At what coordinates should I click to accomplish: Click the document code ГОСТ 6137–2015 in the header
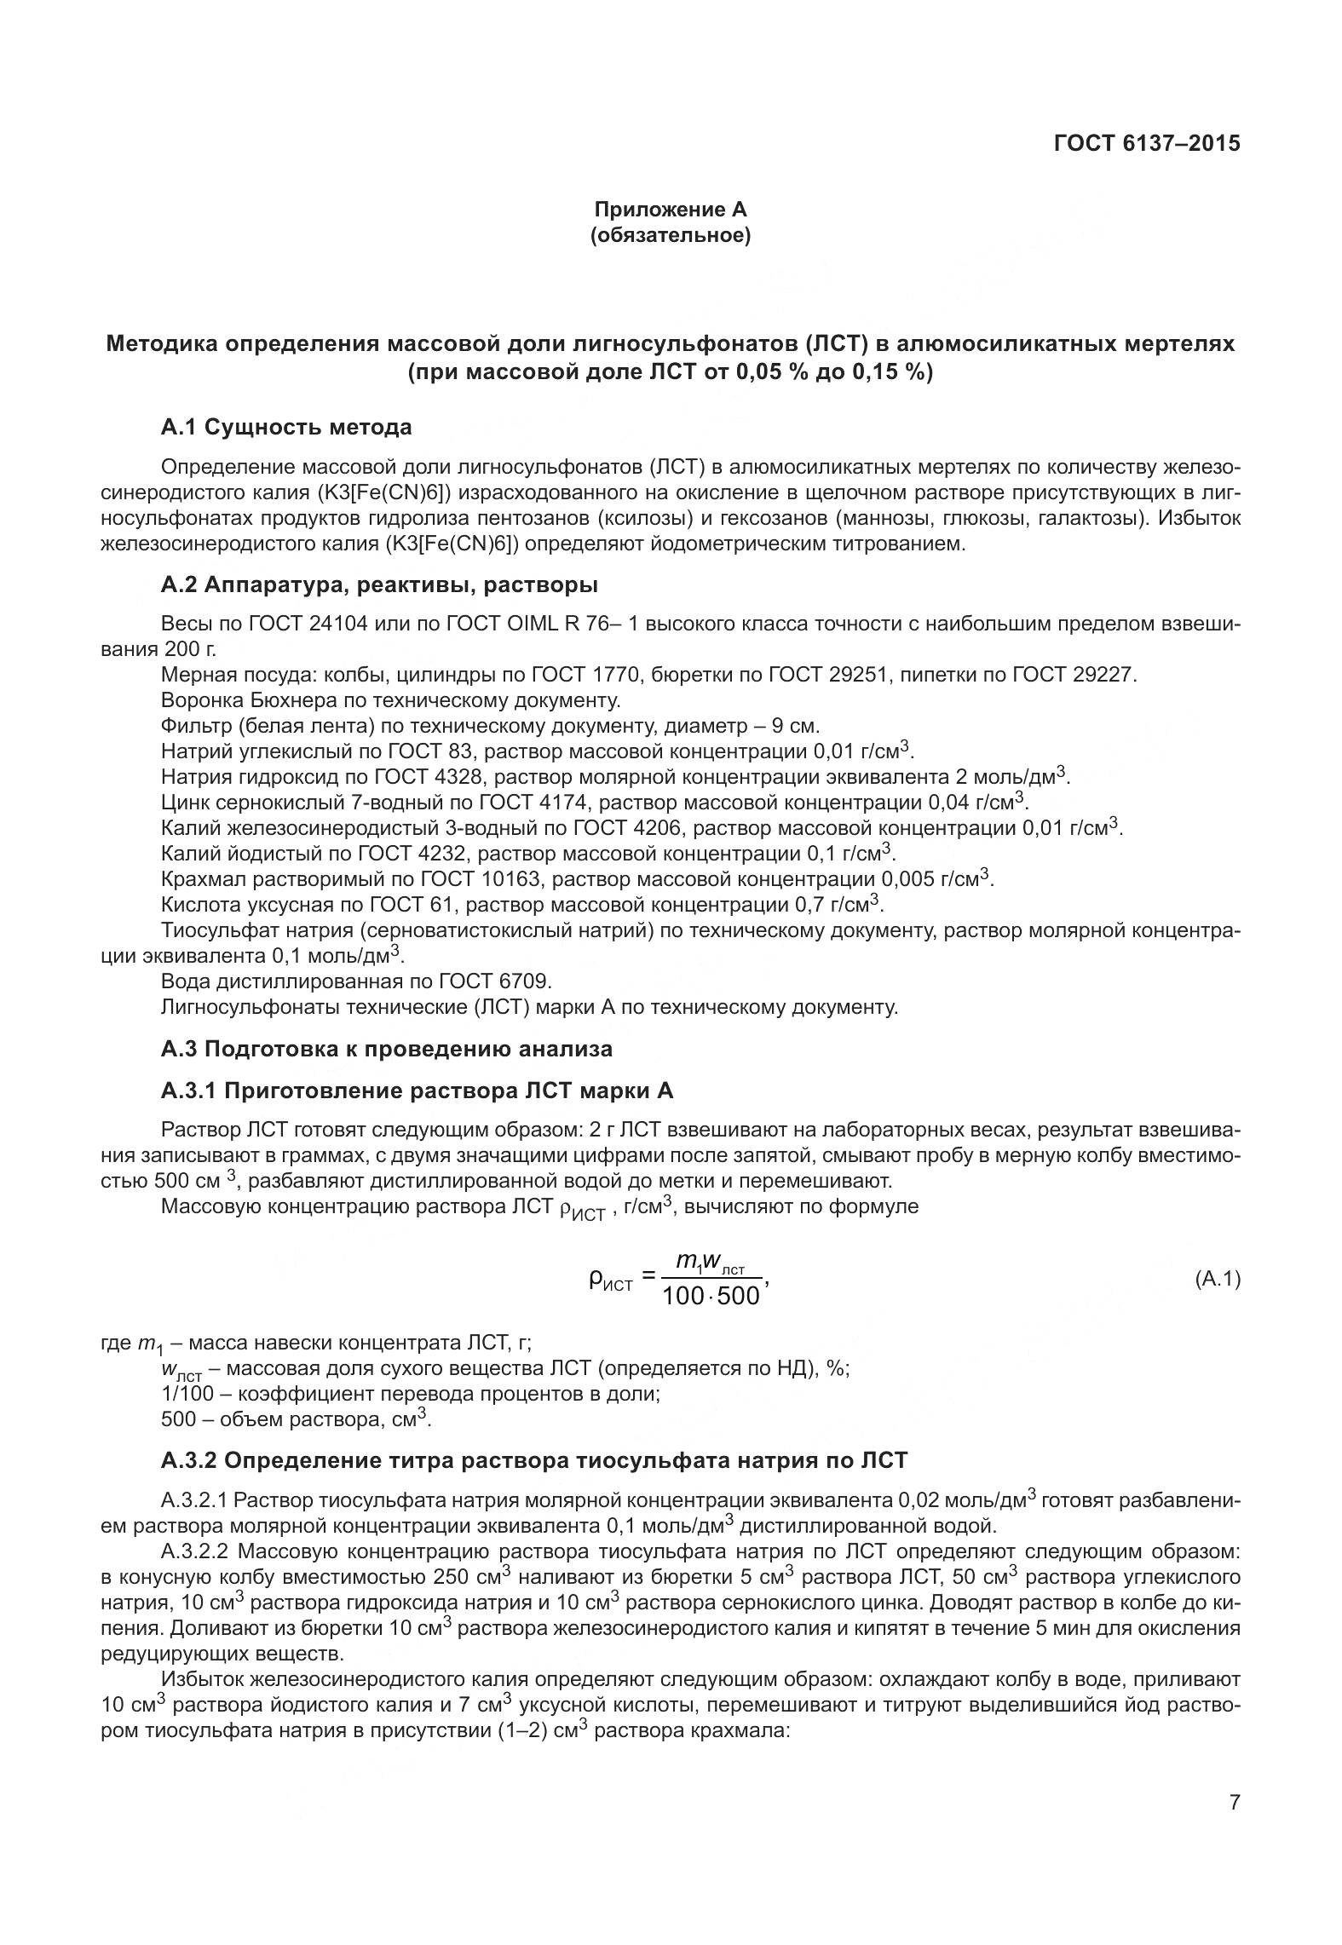tap(1146, 143)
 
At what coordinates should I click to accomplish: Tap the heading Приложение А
tap(670, 210)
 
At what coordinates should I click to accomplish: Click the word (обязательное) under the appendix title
tap(670, 235)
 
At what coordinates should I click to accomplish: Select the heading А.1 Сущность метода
tap(285, 428)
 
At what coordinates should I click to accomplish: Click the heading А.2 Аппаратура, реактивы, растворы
tap(378, 585)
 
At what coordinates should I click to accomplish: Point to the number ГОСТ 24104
tap(308, 624)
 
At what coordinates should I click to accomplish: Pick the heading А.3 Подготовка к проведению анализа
tap(386, 1049)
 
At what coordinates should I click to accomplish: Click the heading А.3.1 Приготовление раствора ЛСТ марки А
tap(417, 1090)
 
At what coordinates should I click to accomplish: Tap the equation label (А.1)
tap(1217, 1279)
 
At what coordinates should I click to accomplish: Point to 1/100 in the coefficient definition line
tap(187, 1395)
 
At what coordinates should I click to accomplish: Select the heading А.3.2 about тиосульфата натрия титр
tap(534, 1460)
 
